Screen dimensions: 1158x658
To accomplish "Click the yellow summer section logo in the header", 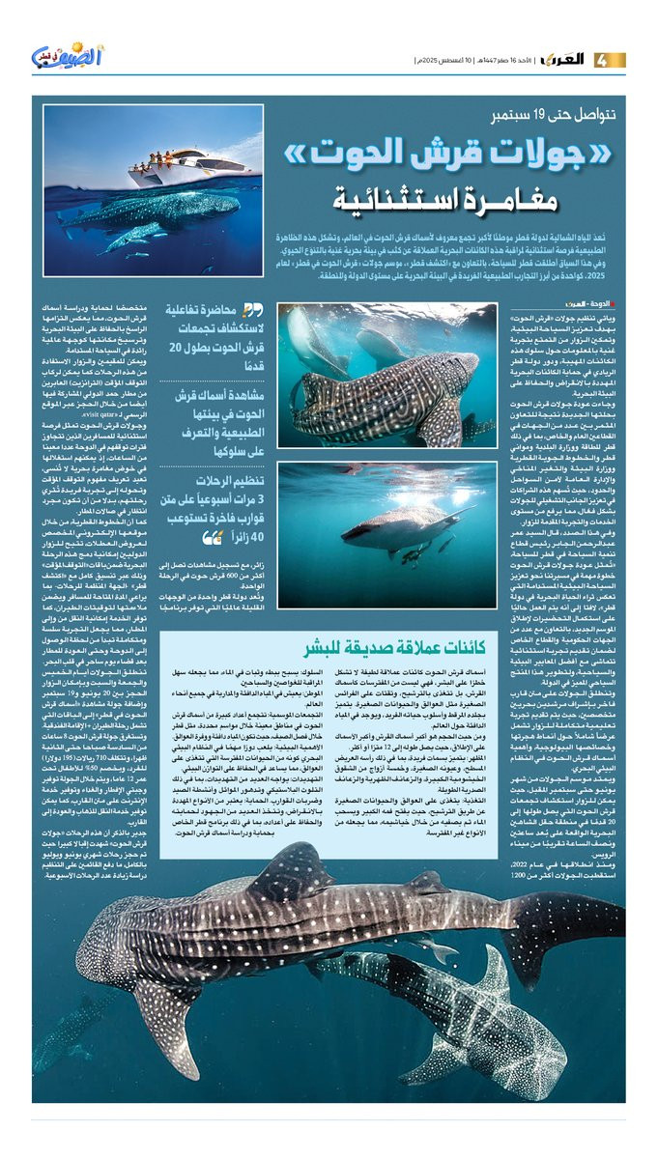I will [62, 60].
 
